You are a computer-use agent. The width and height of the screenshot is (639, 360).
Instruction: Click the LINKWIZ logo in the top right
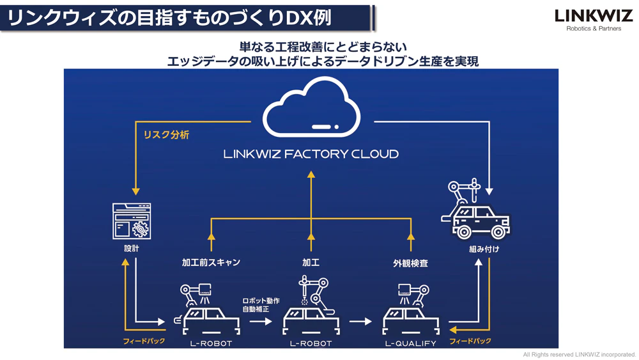point(593,15)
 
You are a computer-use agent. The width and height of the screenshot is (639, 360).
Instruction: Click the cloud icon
point(311,114)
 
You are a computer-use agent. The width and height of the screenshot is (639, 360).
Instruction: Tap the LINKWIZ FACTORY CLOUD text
point(311,154)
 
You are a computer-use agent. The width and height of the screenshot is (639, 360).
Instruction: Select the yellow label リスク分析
point(166,135)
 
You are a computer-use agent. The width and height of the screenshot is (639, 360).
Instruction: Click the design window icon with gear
point(131,221)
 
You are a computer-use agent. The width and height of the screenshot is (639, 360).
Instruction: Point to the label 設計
point(131,248)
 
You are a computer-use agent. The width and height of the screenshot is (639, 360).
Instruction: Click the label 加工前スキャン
point(211,263)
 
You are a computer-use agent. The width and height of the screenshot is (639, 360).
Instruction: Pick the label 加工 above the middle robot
point(311,263)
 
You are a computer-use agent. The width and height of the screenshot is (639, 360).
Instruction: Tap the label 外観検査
point(410,263)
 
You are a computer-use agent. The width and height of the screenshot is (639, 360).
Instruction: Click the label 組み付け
point(484,249)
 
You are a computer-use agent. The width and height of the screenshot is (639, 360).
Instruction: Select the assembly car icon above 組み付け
point(476,211)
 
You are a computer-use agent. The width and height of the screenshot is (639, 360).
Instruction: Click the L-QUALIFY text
point(410,343)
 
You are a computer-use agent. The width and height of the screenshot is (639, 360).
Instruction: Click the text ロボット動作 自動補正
point(260,305)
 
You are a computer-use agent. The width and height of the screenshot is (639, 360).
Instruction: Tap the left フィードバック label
point(144,341)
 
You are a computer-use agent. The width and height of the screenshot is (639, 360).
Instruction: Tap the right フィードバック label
point(470,341)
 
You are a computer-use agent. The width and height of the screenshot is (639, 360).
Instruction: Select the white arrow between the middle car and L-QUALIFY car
point(360,321)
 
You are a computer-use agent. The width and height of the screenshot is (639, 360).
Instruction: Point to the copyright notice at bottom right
point(580,354)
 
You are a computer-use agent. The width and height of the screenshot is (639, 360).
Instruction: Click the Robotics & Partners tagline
point(594,29)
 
